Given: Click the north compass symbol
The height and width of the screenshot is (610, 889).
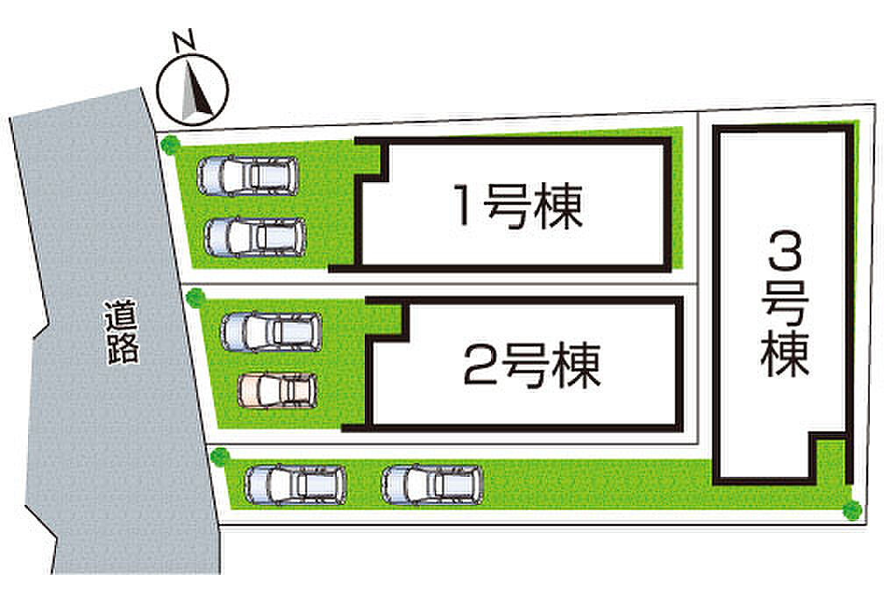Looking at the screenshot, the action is click(192, 90).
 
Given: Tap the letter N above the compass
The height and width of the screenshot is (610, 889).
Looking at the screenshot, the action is click(184, 41).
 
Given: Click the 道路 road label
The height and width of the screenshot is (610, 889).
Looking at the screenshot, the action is click(121, 331).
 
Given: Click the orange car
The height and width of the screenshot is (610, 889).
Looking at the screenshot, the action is click(277, 390).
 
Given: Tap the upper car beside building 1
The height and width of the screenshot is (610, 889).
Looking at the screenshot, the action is click(248, 176).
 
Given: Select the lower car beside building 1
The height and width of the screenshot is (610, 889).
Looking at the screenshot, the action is click(255, 238).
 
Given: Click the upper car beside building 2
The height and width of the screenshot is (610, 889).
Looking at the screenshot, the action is click(272, 331).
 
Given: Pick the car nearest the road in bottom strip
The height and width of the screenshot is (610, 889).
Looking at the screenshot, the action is click(295, 485).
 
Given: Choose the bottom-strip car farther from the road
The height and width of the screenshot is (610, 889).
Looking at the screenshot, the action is click(432, 485).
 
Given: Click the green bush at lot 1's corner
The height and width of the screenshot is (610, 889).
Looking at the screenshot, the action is click(169, 144).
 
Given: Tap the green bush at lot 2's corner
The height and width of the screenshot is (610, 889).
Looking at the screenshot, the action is click(196, 298).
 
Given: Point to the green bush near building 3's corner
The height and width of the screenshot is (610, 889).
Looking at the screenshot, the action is click(852, 510).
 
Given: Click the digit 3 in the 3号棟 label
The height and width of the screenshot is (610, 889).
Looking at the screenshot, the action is click(786, 253).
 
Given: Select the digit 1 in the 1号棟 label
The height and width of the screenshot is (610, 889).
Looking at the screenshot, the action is click(464, 205).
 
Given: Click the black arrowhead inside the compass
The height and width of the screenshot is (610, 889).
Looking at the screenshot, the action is click(196, 94).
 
